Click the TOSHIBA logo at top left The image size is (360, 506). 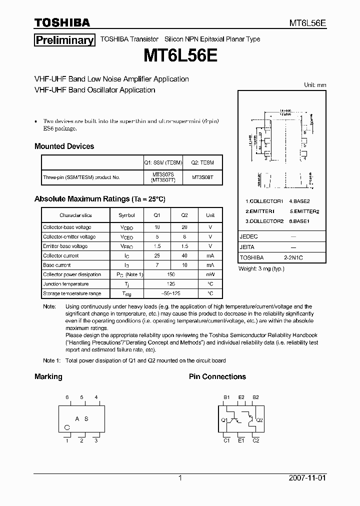(x=62, y=22)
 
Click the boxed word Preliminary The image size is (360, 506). (x=64, y=40)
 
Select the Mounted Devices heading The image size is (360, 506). (x=64, y=146)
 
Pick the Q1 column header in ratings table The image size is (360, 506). (x=156, y=215)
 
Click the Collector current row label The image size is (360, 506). (x=60, y=255)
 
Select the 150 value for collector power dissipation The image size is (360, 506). (x=170, y=274)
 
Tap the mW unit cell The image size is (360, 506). (x=210, y=274)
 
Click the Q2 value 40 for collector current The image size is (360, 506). (x=184, y=255)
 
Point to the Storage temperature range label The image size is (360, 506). (x=72, y=293)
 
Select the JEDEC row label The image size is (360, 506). (x=248, y=236)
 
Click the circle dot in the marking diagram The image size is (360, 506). (x=67, y=427)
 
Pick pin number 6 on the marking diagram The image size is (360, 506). (x=66, y=397)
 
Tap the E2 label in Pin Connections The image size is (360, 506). (x=241, y=397)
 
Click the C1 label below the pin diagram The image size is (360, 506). (x=226, y=440)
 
